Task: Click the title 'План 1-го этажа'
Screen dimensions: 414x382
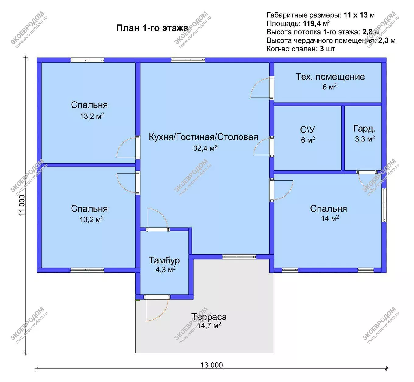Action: pos(152,28)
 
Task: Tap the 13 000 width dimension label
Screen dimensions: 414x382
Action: pos(211,365)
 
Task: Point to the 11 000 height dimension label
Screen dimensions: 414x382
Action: pos(22,205)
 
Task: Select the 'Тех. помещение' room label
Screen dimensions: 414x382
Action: pos(330,77)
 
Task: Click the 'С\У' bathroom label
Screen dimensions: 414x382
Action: pos(308,129)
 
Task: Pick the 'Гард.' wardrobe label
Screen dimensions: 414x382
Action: pos(364,129)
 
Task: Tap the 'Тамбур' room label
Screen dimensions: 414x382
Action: pos(164,260)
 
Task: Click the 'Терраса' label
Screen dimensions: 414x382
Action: pos(209,317)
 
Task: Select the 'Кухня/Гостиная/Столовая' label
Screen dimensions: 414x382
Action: pos(203,137)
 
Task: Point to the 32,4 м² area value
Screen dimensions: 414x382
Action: pos(205,148)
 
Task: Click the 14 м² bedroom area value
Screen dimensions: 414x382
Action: pos(330,218)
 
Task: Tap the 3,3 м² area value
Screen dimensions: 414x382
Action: pos(365,139)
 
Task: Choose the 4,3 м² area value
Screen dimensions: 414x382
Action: pos(166,270)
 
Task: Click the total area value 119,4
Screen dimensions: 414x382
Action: pos(312,23)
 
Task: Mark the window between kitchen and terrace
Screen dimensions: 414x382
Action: pos(239,257)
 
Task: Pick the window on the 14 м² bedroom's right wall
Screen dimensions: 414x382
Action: pos(384,205)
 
